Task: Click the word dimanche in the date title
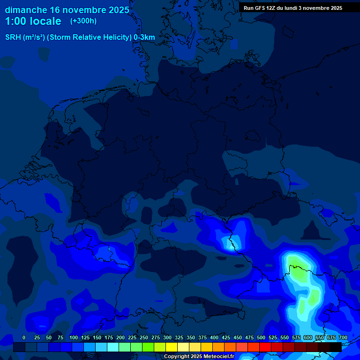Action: [25, 10]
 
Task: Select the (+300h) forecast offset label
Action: [83, 21]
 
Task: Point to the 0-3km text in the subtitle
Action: [144, 37]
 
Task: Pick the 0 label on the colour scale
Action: [24, 337]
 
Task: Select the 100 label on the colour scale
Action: [74, 337]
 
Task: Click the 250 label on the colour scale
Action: [144, 337]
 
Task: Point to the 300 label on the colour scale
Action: [167, 337]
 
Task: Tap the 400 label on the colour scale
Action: [214, 337]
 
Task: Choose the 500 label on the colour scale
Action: [261, 337]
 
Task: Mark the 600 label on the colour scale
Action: [308, 337]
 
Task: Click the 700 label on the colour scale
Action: [343, 337]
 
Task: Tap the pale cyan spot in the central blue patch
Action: [230, 243]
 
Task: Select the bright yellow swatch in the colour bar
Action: [172, 347]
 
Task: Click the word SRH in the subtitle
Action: [13, 37]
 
